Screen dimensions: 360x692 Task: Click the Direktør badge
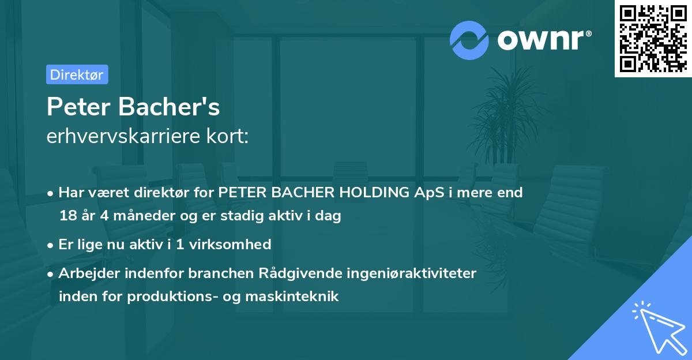77,74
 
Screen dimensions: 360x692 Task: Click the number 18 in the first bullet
67,216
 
